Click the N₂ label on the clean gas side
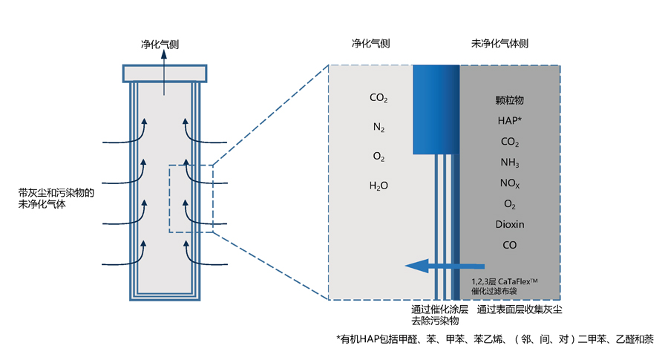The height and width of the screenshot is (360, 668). (x=379, y=127)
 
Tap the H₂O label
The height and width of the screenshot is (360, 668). (x=379, y=186)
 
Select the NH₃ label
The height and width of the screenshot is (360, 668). (x=509, y=163)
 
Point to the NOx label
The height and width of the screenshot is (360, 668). (x=509, y=183)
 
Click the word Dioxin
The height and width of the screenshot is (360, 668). (x=509, y=224)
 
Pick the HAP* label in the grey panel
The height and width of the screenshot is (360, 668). (x=509, y=120)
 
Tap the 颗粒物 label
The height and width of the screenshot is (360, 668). (x=509, y=100)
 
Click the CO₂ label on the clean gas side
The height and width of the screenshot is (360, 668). (x=379, y=98)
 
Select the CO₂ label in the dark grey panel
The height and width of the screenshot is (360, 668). (x=509, y=142)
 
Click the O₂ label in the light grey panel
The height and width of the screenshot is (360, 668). (x=379, y=157)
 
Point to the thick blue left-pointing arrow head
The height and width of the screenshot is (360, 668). (x=416, y=266)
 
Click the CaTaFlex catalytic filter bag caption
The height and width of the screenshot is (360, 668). (x=505, y=287)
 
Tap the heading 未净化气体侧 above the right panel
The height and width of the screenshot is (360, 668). (x=500, y=44)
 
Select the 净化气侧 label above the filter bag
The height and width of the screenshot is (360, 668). (x=160, y=45)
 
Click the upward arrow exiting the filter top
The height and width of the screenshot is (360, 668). (x=164, y=73)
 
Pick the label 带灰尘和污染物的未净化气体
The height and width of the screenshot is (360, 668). (x=56, y=198)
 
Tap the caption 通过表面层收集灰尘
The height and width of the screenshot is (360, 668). (x=520, y=310)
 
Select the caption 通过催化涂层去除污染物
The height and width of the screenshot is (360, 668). (x=439, y=315)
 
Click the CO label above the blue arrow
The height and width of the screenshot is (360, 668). (x=509, y=245)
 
